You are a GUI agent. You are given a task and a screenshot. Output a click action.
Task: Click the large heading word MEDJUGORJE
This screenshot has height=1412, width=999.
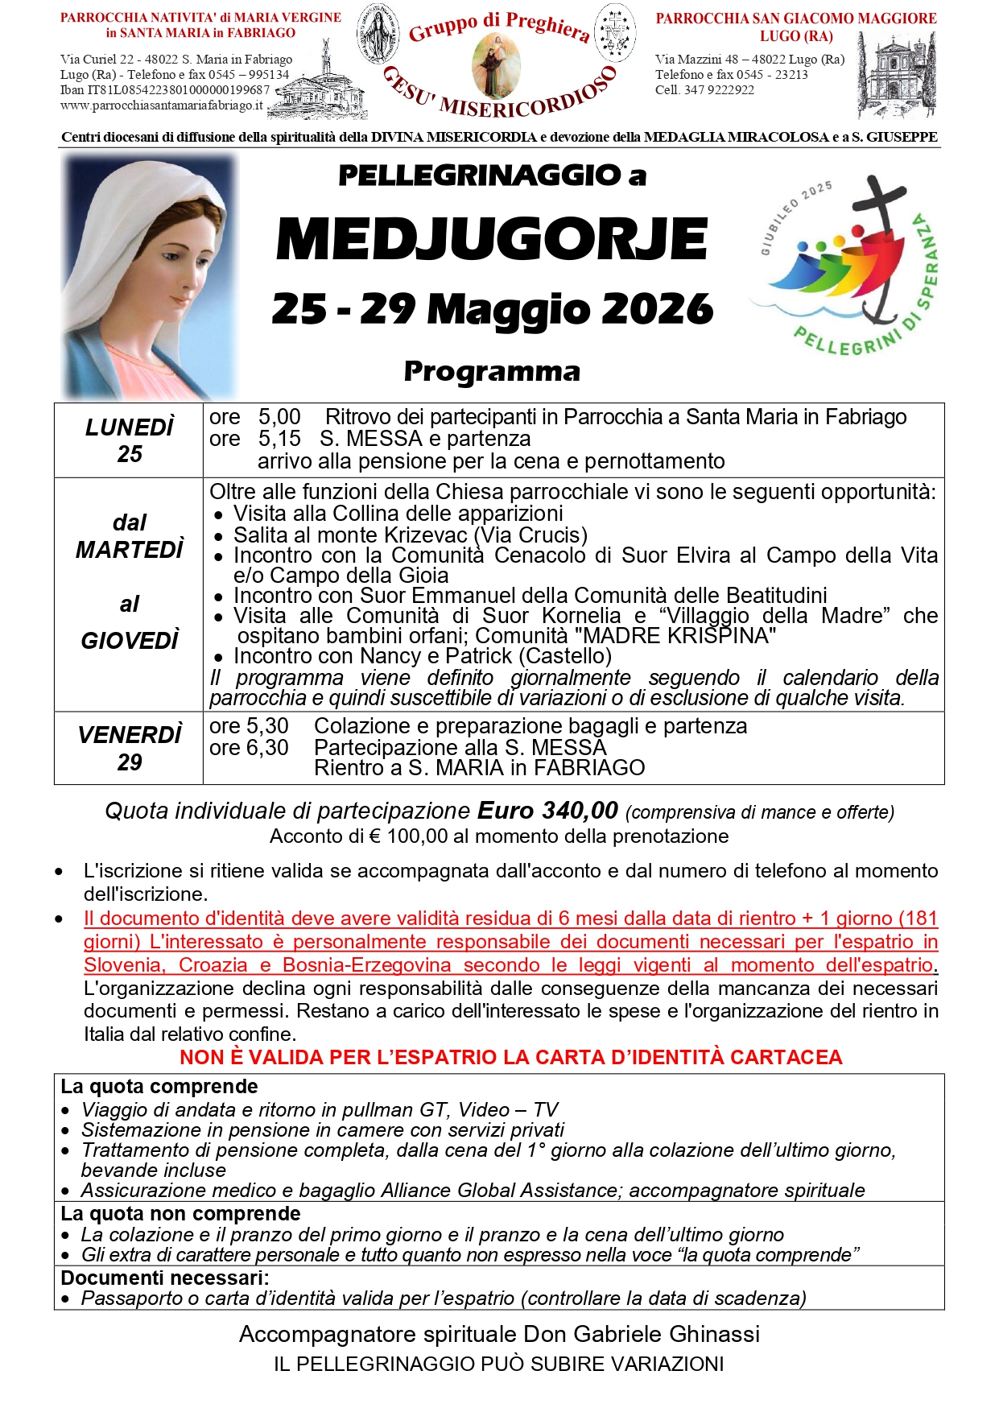(492, 239)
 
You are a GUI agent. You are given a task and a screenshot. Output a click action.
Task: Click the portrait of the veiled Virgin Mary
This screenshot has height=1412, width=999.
(151, 278)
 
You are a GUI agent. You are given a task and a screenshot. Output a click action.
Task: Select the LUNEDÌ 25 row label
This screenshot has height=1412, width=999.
(129, 440)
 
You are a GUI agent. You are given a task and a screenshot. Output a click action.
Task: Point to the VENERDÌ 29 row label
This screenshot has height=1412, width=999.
(129, 748)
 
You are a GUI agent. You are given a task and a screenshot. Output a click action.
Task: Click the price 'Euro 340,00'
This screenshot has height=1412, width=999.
(547, 810)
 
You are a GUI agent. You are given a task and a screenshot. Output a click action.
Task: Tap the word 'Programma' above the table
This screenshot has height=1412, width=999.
(492, 371)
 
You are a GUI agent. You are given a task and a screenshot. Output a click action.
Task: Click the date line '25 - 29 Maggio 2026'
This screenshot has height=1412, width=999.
(492, 309)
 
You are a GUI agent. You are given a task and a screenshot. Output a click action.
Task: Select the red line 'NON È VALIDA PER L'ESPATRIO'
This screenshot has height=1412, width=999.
(510, 1057)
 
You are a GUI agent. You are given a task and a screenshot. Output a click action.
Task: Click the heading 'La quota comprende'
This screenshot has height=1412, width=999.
(159, 1086)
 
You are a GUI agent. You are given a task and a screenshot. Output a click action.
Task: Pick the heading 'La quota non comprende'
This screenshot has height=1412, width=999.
(180, 1213)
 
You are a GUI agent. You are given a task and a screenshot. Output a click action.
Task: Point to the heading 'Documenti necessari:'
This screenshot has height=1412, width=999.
(165, 1278)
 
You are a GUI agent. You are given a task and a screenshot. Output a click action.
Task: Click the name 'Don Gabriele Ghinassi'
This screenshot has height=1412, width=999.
(642, 1334)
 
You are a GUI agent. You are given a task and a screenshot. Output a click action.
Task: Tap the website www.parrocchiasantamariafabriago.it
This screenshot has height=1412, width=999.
(162, 105)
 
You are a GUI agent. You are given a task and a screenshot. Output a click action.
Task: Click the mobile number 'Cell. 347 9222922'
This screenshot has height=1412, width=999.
(704, 90)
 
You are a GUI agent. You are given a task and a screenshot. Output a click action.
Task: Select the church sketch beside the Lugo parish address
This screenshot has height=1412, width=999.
(897, 76)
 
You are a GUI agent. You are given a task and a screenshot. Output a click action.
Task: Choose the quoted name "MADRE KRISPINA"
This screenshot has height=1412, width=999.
(679, 635)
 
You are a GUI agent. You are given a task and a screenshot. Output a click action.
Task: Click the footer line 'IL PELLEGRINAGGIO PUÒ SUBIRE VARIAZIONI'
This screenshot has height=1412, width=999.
(498, 1364)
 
